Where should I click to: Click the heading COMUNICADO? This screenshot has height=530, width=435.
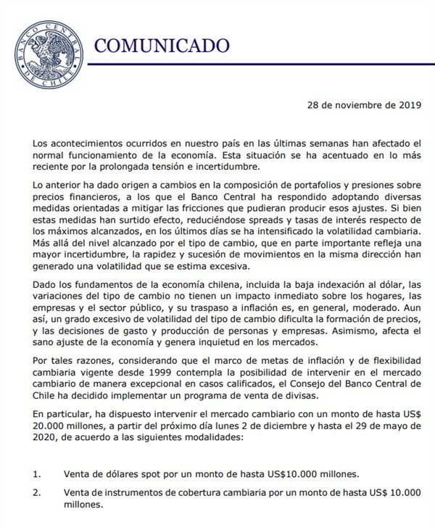[x=162, y=46]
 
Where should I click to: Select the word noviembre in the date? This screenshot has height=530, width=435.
[x=354, y=105]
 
